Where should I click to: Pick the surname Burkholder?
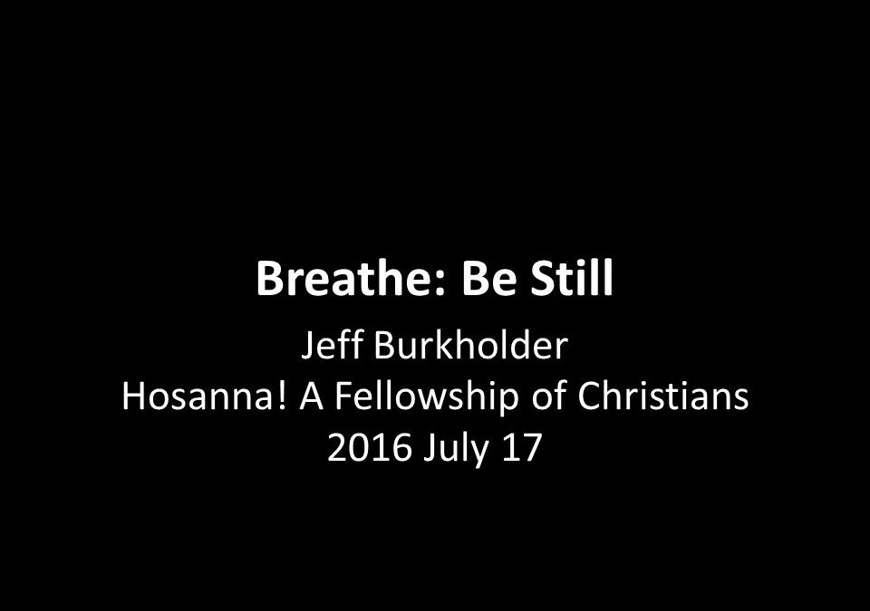coord(471,345)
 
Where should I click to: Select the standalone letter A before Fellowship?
coord(311,396)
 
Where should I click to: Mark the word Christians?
coord(663,396)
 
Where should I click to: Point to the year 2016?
coord(369,447)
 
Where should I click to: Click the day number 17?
coord(522,447)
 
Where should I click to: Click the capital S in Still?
coord(544,278)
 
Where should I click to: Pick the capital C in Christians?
coord(589,397)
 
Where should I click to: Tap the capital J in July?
coord(429,449)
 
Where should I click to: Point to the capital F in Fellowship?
coord(343,397)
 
